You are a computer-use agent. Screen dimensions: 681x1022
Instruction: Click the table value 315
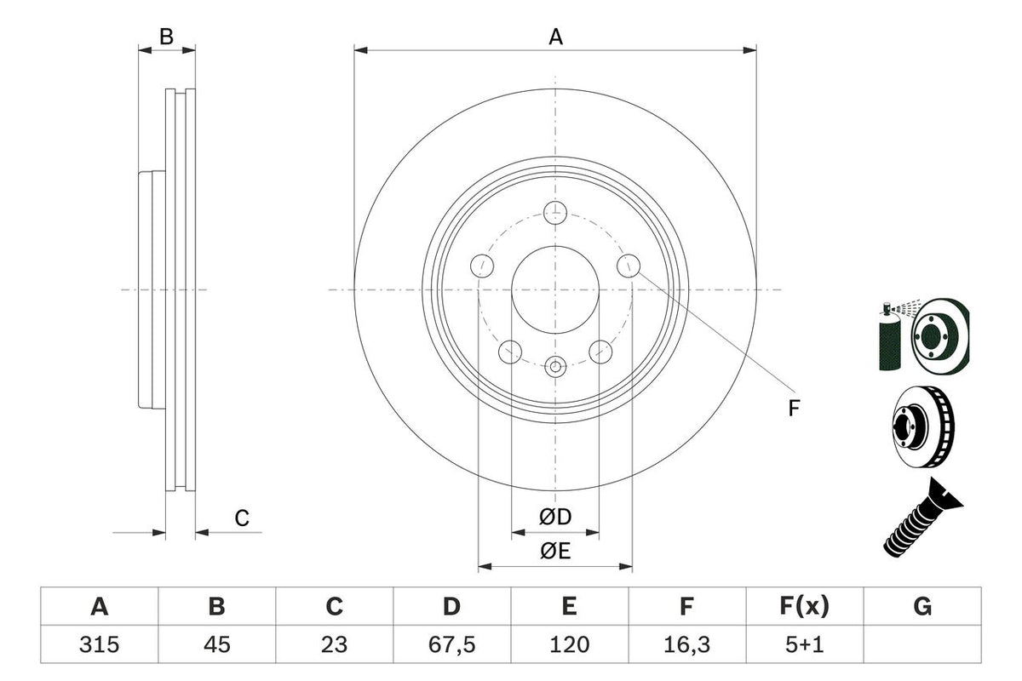(x=100, y=645)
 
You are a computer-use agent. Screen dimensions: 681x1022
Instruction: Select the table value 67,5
(x=451, y=645)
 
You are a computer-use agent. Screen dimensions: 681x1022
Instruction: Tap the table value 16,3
(x=686, y=645)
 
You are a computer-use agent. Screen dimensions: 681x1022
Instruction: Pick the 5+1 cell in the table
(x=804, y=645)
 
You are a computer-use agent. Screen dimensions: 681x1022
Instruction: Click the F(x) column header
(x=804, y=607)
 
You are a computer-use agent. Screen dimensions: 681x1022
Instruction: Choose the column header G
(x=922, y=607)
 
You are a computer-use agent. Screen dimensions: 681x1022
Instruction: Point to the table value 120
(x=569, y=645)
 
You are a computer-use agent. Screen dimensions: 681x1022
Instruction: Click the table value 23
(x=335, y=645)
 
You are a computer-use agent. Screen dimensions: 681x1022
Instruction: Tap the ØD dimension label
(x=554, y=517)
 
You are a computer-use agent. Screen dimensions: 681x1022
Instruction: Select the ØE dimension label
(x=554, y=552)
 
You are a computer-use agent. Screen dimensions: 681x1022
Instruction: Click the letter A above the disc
(x=555, y=37)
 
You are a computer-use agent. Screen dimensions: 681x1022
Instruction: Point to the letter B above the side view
(x=167, y=36)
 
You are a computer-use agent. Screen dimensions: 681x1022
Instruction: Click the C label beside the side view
(x=242, y=518)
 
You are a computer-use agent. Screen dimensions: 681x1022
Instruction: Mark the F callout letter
(x=794, y=409)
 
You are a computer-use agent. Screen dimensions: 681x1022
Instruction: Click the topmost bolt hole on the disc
(x=555, y=212)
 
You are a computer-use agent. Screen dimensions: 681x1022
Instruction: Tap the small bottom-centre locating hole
(x=555, y=367)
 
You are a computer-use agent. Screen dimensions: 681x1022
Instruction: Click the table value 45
(x=217, y=645)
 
